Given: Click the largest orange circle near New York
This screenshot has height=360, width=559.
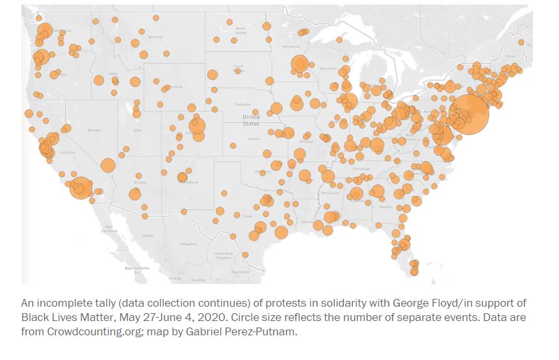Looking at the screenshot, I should point(468,114).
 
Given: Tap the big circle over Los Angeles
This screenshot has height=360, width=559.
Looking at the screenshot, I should point(80,188).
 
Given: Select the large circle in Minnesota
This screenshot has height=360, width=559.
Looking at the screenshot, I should point(300,64).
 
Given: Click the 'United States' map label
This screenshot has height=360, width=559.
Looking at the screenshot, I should point(251,120).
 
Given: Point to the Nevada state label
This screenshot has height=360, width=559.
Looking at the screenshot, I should point(93,131).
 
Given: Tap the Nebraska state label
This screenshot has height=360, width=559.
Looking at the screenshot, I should point(243,104).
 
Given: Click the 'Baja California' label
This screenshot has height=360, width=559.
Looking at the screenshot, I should point(109,229).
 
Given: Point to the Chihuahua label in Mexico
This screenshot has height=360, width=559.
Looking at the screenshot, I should point(188,244).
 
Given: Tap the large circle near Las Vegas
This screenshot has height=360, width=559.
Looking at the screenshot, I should point(108,166).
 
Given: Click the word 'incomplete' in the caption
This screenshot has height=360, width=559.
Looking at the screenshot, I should point(63,303).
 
